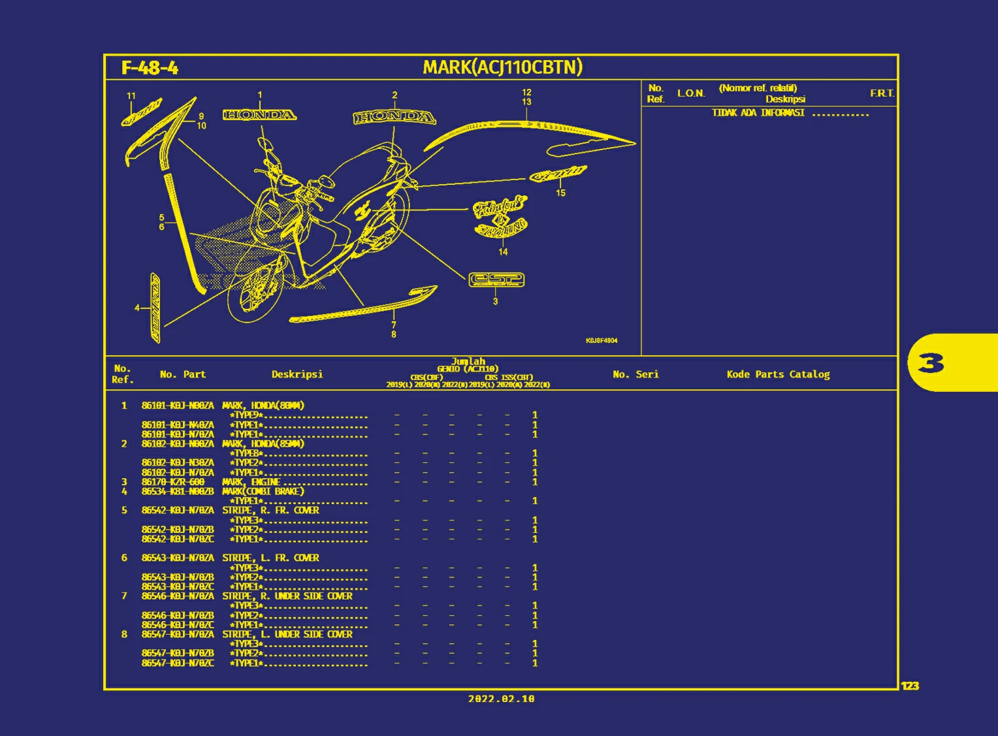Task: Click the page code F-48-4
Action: coord(150,68)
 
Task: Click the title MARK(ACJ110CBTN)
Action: coord(502,67)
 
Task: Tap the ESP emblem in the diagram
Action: coord(496,280)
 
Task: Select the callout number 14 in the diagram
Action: coord(503,252)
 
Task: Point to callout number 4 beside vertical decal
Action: coord(137,308)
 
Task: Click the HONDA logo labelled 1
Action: coord(259,116)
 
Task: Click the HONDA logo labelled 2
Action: coord(394,118)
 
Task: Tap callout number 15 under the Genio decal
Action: coord(560,193)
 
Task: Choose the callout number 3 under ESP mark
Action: coord(495,302)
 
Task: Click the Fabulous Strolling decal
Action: coord(500,216)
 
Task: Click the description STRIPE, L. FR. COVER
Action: coord(270,558)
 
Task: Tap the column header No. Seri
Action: coord(636,374)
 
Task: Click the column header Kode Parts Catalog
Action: coord(778,374)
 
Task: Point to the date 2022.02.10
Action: coord(501,699)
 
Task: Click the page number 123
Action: coord(910,686)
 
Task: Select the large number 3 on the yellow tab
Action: coord(931,362)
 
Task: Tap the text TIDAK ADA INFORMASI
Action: coord(758,113)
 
